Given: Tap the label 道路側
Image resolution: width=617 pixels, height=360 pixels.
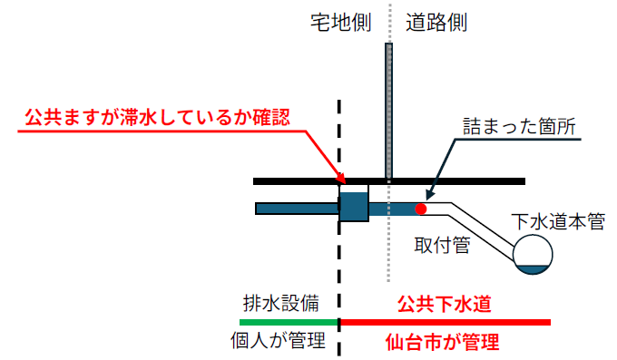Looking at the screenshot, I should [436, 22].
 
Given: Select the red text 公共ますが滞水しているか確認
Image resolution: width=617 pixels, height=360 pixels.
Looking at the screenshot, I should [157, 117].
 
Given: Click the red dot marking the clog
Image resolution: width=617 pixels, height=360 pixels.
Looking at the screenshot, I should [420, 209].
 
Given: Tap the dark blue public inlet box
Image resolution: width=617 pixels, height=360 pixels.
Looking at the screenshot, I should [354, 206].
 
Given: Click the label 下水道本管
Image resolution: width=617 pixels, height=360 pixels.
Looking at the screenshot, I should [557, 221].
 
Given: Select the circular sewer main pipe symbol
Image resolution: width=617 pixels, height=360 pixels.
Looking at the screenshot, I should [533, 253].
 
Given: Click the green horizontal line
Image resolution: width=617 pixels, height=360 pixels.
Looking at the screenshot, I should [289, 322].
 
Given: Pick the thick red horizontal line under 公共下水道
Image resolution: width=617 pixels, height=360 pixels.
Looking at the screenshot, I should [445, 322].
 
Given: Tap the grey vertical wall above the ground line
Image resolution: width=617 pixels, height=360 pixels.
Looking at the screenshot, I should [388, 109].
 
